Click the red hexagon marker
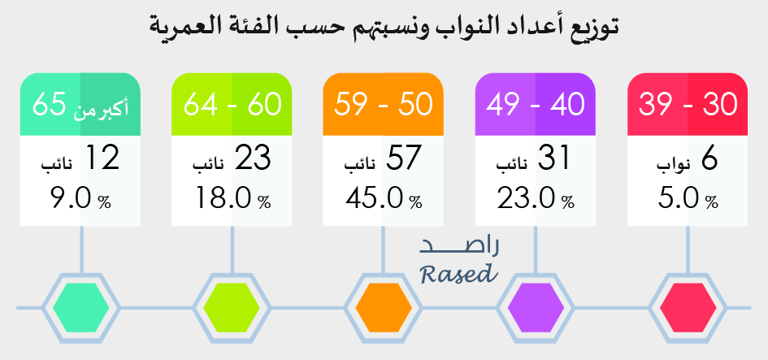688,308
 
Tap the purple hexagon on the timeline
536,308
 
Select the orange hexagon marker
384,308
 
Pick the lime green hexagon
231,308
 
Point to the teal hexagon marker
80,308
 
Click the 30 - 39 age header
688,104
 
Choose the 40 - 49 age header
536,104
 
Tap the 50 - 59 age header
384,104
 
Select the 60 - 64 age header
232,104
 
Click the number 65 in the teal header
49,105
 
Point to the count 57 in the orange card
403,158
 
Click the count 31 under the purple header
554,158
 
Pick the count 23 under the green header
252,158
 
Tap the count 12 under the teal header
102,158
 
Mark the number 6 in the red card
709,158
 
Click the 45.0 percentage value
375,198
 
